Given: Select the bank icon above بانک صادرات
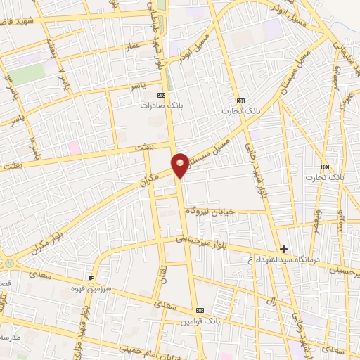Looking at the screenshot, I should point(162,94).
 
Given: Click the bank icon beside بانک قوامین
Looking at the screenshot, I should point(201,309).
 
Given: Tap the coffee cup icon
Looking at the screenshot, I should point(91,279).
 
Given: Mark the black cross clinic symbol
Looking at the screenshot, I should point(284,249).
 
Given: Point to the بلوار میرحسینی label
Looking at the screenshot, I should point(204,242).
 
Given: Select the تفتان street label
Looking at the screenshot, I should point(163,270).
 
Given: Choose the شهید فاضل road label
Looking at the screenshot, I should point(21,22).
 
